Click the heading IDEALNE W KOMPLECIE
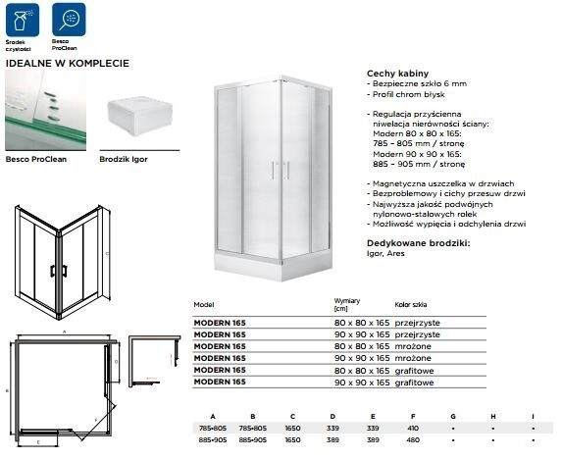click(x=67, y=62)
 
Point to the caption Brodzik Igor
click(x=124, y=157)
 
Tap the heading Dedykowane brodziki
click(x=418, y=240)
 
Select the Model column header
click(x=204, y=304)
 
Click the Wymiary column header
click(x=348, y=302)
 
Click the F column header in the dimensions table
click(x=413, y=416)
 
